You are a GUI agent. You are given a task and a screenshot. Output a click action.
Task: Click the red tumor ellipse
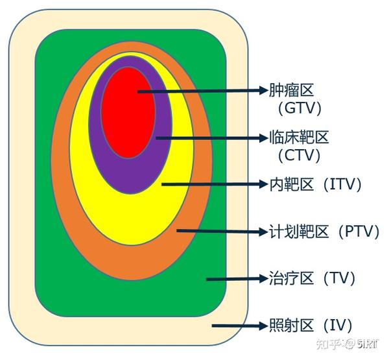click(128, 112)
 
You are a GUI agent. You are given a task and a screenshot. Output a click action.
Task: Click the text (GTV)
click(300, 108)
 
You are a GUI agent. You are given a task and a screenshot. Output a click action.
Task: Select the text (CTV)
click(299, 155)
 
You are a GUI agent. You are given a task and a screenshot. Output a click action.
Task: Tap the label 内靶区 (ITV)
click(315, 184)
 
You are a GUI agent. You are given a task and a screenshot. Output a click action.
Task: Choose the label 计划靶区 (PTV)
click(324, 232)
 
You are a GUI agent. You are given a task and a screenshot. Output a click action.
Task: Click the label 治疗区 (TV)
click(312, 278)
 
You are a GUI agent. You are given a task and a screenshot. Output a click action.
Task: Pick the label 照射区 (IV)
click(311, 325)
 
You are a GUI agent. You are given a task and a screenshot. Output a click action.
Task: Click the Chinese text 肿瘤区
click(292, 90)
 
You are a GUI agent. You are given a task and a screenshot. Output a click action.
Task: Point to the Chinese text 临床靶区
click(299, 137)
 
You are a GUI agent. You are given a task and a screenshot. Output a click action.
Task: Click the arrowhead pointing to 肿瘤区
click(263, 90)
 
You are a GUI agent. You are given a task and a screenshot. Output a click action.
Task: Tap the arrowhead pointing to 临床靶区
click(263, 138)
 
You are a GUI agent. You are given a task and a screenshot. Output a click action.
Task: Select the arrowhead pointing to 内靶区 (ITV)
click(263, 184)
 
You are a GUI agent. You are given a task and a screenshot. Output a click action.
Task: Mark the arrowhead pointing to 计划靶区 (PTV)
click(263, 232)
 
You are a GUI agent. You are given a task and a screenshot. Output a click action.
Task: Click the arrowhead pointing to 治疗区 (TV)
click(263, 278)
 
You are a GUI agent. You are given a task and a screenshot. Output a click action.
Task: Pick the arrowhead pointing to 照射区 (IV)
click(263, 326)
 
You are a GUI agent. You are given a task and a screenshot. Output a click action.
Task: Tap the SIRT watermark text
click(368, 344)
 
